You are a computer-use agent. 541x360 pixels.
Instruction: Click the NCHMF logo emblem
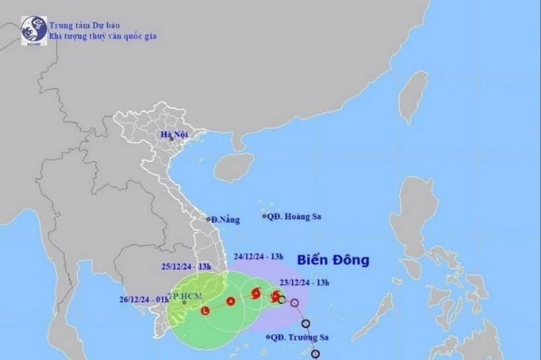[x=34, y=30]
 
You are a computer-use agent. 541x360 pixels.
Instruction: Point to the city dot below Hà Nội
[x=172, y=140]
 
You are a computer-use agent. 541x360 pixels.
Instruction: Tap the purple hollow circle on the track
[x=295, y=304]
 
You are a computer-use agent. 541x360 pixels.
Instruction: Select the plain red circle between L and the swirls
[x=230, y=302]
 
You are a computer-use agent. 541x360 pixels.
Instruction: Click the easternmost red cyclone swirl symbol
[x=275, y=295]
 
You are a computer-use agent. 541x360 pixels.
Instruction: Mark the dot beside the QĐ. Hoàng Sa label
[x=264, y=216]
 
